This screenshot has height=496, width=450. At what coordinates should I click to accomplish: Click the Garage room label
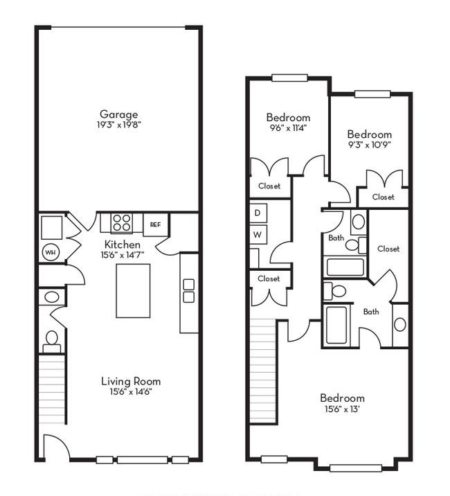point(119,114)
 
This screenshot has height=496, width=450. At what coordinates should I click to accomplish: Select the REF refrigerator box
point(155,224)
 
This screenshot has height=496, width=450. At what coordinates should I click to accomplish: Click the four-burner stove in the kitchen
point(122,222)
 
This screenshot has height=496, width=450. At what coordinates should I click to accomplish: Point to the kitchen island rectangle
point(133,291)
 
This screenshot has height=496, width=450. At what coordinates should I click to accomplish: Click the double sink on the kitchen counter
point(189,291)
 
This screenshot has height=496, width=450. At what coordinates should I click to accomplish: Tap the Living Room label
point(131,381)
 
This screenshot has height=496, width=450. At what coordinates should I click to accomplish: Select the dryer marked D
point(258,213)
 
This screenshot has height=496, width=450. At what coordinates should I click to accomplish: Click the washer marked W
point(258,235)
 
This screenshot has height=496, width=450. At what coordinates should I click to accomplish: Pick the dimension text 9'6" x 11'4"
point(287,127)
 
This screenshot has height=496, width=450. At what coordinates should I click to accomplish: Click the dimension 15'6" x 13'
point(342,409)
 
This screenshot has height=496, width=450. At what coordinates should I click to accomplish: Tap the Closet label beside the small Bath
point(388,249)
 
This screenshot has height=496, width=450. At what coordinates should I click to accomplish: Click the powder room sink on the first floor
point(51,297)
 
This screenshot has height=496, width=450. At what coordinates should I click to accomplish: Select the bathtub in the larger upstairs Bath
point(336,325)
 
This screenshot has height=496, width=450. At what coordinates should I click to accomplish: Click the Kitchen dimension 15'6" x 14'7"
point(123,255)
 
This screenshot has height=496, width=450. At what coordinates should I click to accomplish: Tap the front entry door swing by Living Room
point(56,446)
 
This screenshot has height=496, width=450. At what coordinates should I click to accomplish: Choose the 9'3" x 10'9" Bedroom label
point(370,134)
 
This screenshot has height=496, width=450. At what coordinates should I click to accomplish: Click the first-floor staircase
point(52,389)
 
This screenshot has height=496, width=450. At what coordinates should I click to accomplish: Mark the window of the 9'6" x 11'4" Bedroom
point(289,78)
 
